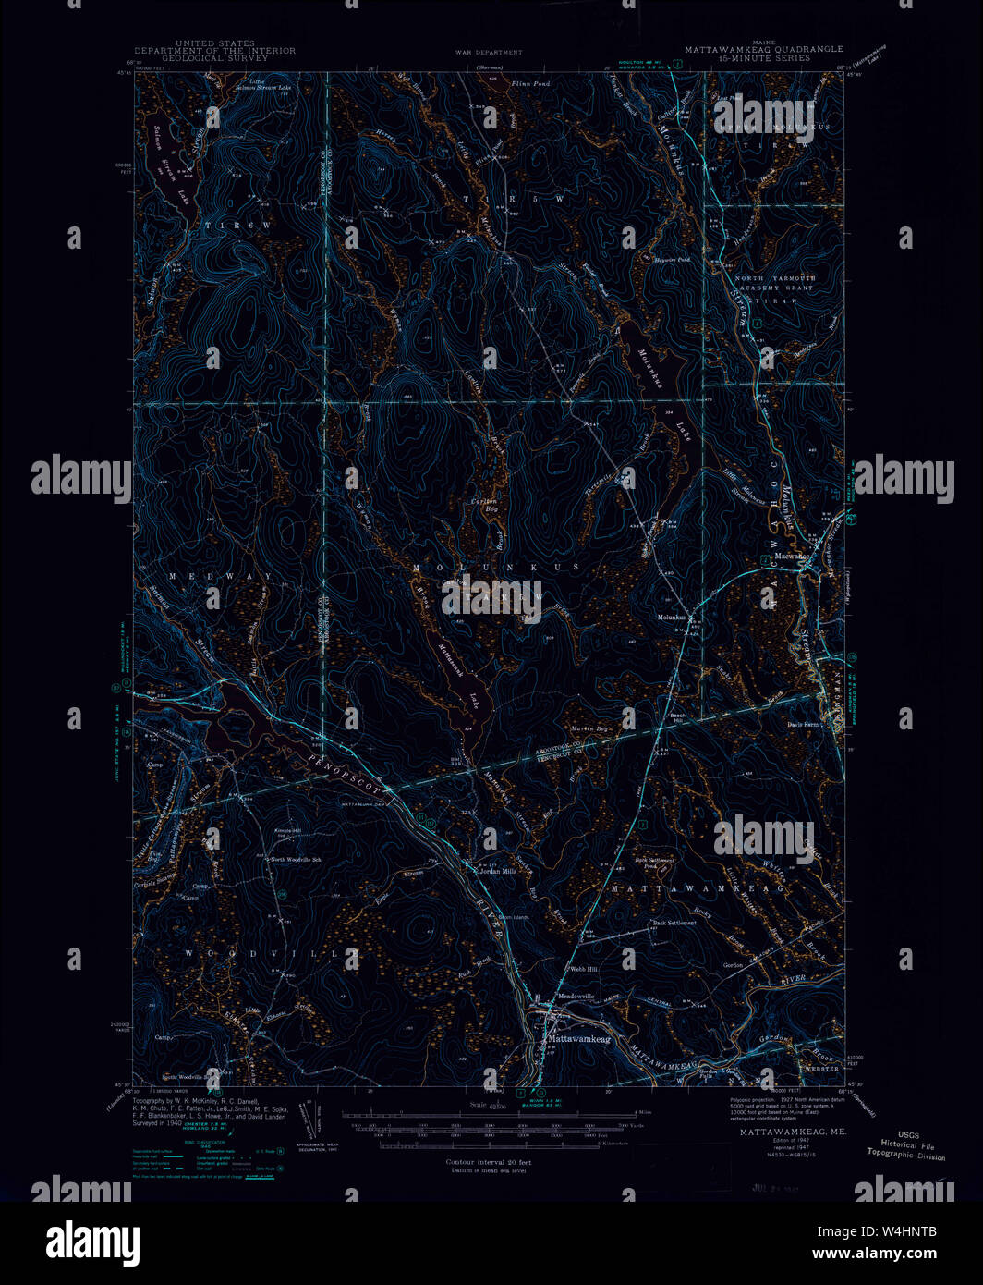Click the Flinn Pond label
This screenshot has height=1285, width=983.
pos(529,84)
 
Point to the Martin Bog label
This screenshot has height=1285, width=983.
pos(589,731)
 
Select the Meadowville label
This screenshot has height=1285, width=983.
pos(576,997)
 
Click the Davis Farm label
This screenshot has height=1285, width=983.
pos(804,725)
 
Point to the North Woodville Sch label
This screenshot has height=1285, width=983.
pos(296,860)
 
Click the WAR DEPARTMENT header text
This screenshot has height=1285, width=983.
pos(488,53)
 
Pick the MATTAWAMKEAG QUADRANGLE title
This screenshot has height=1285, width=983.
pos(763,49)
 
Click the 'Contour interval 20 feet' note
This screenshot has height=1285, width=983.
pos(488,1162)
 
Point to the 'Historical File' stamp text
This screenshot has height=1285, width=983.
pos(907,1145)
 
